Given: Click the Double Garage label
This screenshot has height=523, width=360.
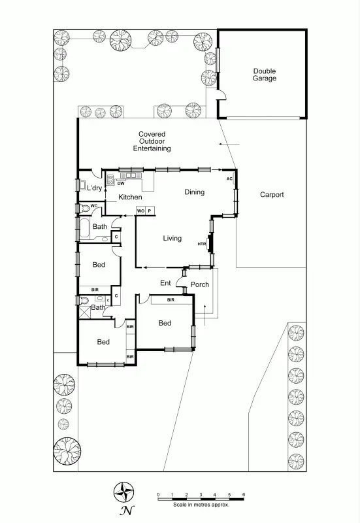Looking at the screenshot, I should (x=265, y=75).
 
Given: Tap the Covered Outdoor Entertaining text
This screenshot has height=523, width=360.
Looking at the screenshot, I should (x=152, y=141).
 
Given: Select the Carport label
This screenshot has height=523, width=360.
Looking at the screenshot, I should (x=272, y=194).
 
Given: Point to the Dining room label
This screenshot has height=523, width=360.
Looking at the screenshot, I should (x=194, y=192).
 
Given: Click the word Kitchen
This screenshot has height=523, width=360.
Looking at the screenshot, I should (x=130, y=197).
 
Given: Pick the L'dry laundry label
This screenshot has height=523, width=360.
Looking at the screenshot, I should (x=95, y=188).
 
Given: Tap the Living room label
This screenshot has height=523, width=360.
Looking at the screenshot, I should (x=172, y=239).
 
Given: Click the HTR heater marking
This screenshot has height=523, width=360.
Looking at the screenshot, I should (x=202, y=244).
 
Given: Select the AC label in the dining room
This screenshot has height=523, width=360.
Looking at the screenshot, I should (x=229, y=178).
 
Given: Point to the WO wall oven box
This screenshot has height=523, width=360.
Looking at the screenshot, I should (x=140, y=211).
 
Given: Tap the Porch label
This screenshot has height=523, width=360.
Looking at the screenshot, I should (x=200, y=284).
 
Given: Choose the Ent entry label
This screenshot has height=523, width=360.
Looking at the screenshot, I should (x=165, y=282).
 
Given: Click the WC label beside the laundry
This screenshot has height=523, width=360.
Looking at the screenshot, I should (x=93, y=206).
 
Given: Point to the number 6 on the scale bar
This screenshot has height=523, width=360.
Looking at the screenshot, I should (x=244, y=494).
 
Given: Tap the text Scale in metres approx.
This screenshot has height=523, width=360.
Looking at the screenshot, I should (x=201, y=505).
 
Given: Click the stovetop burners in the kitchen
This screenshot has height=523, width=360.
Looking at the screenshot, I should (x=110, y=177).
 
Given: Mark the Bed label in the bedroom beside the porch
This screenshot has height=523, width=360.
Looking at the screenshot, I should (x=165, y=323).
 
